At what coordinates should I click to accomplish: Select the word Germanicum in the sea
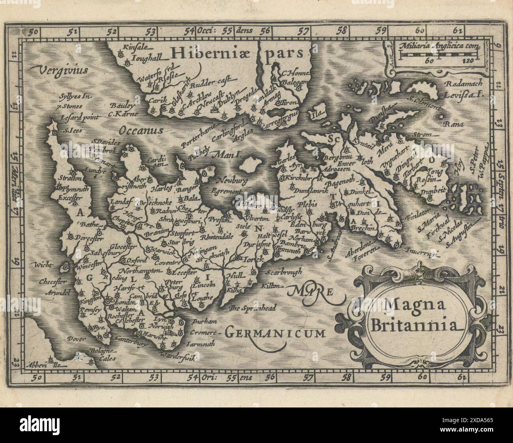coord(275,333)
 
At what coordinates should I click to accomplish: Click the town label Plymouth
coord(71,189)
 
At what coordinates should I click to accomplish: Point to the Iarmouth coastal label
coord(203,344)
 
